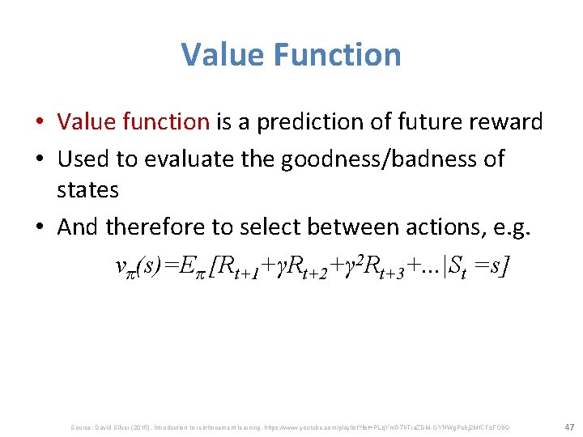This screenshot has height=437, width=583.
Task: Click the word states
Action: click(87, 190)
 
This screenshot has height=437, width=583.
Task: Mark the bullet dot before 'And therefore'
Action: click(40, 228)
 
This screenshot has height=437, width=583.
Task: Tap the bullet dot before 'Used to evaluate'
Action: click(40, 159)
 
